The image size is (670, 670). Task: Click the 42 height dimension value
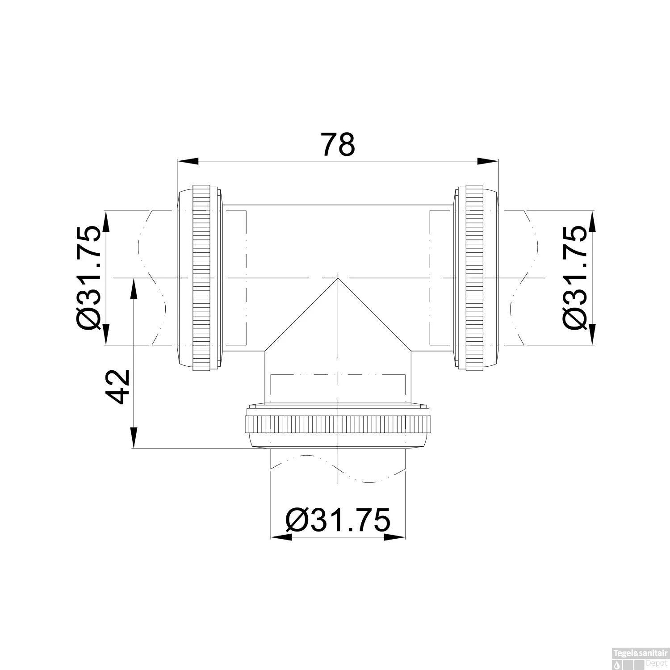[117, 386]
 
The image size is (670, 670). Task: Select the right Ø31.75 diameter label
[574, 277]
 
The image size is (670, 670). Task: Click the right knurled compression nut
[475, 277]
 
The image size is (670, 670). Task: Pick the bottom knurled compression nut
[338, 423]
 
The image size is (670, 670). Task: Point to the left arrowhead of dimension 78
[188, 161]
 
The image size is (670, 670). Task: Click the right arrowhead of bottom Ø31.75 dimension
[395, 537]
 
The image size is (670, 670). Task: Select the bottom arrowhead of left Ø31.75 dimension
[106, 334]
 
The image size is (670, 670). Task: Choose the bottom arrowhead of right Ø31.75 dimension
[592, 334]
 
